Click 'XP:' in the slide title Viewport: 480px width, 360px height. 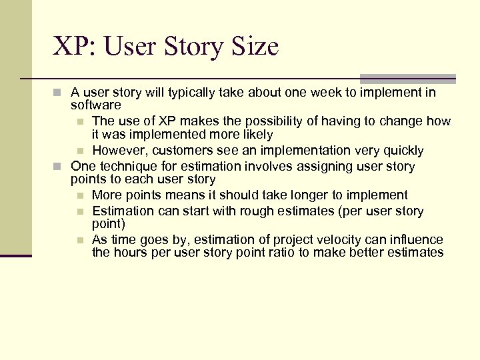tap(73, 47)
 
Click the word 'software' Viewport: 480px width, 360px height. tap(96, 105)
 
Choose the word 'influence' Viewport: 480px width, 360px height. tap(419, 239)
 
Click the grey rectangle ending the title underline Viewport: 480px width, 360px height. tap(407, 79)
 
